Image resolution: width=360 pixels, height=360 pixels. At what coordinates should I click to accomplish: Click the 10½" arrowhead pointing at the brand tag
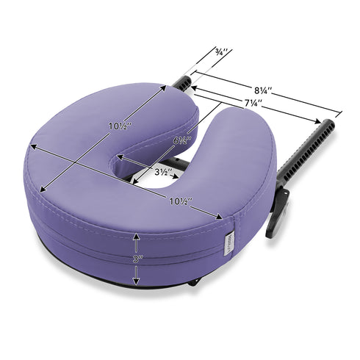(x=221, y=217)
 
